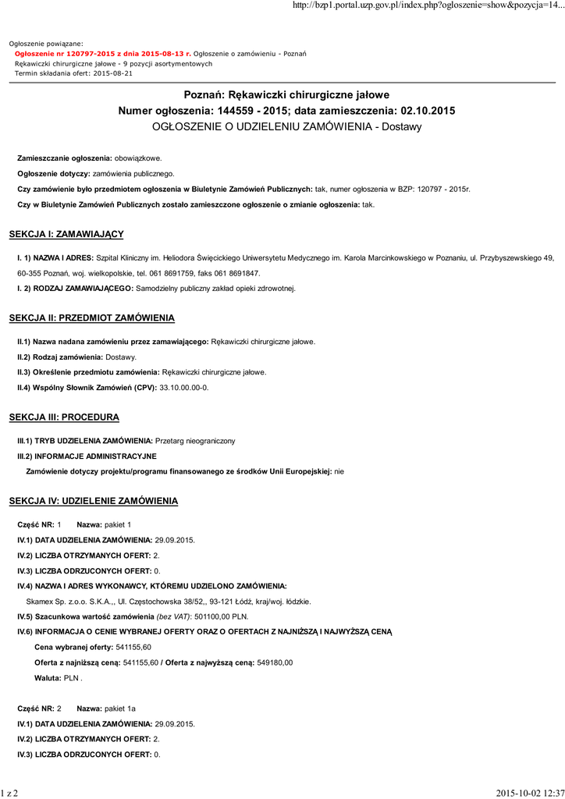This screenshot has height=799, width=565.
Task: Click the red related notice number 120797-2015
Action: pyautogui.click(x=81, y=53)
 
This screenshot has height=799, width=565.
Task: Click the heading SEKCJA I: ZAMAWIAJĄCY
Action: pyautogui.click(x=66, y=234)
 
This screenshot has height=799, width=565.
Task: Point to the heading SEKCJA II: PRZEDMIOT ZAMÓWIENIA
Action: pyautogui.click(x=91, y=318)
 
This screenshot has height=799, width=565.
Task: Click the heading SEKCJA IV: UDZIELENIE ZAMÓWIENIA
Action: pyautogui.click(x=93, y=500)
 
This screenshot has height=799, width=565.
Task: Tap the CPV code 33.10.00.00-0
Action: pyautogui.click(x=184, y=388)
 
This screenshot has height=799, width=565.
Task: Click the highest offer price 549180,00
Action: pyautogui.click(x=275, y=662)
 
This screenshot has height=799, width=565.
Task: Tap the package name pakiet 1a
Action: pyautogui.click(x=120, y=708)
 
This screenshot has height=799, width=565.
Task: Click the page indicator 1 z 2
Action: pyautogui.click(x=9, y=793)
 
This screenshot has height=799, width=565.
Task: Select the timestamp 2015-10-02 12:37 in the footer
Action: pyautogui.click(x=530, y=793)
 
